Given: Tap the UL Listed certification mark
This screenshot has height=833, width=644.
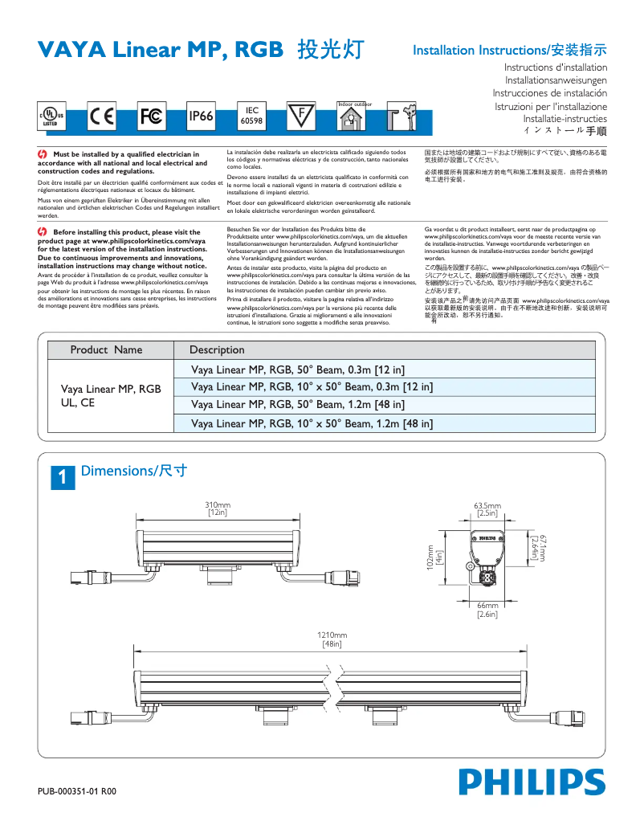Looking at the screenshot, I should tap(51, 117).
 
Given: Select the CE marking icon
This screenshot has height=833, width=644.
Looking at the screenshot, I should tap(102, 116).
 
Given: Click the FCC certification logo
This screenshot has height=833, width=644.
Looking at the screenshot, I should tap(151, 116).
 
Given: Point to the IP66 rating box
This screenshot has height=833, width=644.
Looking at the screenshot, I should tap(201, 116).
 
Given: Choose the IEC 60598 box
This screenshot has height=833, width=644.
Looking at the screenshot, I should tap(251, 116).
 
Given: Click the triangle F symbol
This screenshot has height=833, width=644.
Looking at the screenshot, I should tap(302, 116).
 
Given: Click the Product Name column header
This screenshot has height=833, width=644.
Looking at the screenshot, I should tap(106, 349).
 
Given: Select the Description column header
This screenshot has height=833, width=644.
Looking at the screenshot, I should tap(217, 349).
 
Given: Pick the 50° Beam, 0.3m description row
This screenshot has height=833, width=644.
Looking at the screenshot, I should tap(298, 370).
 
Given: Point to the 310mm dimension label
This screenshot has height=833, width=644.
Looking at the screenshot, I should tap(218, 508).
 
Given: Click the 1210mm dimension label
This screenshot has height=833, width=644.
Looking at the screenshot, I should tap(332, 639).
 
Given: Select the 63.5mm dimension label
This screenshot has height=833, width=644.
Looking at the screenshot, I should tap(487, 508).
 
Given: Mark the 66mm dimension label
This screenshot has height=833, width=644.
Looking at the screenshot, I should tap(487, 609).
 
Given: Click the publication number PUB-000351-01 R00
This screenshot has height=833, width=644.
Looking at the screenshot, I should tap(77, 790).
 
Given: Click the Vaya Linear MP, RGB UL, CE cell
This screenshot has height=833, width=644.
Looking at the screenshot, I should tap(111, 396).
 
